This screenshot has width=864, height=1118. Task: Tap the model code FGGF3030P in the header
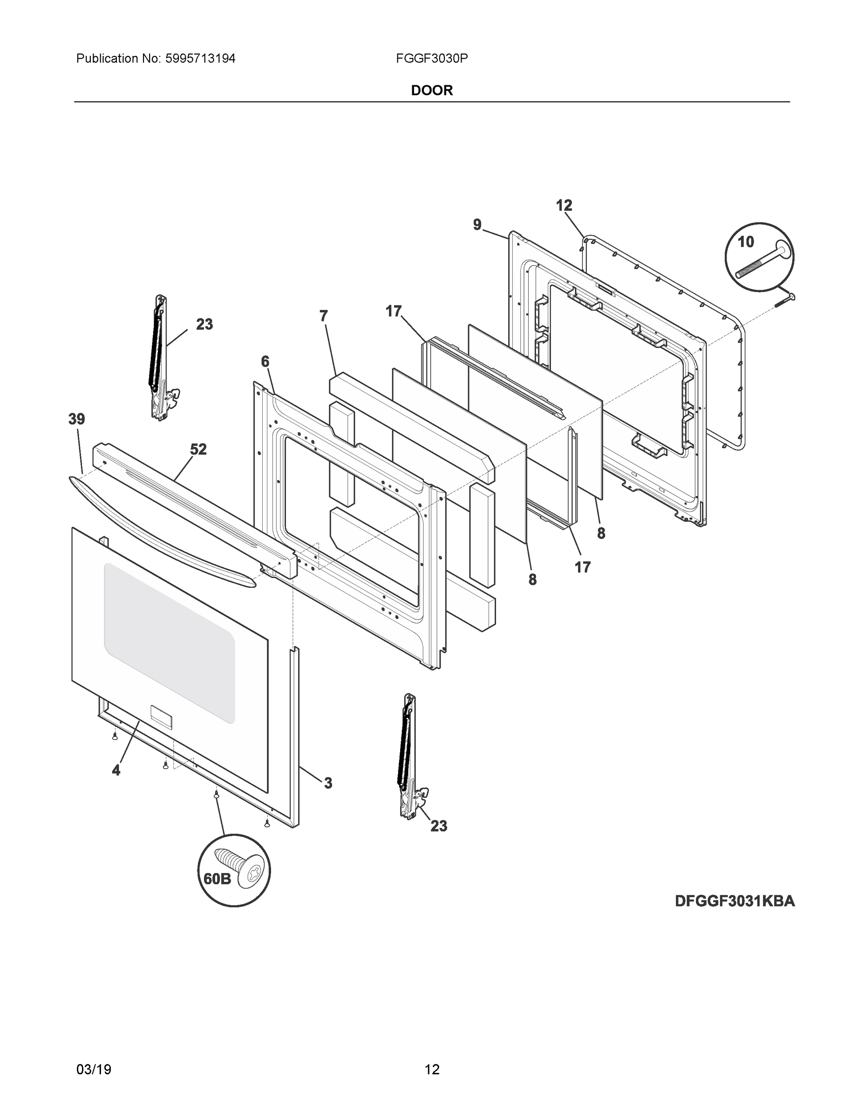pos(431,59)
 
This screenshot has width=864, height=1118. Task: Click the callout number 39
pos(77,419)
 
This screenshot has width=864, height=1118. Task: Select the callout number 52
pos(198,450)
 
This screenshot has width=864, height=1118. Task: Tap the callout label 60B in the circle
pos(217,879)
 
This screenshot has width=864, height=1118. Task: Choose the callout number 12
pos(564,205)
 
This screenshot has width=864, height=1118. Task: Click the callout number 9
pos(477,225)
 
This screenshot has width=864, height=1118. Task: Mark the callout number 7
pos(324,316)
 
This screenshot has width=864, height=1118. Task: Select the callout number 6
pos(265,362)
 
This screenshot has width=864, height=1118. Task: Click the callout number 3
pos(327,783)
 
